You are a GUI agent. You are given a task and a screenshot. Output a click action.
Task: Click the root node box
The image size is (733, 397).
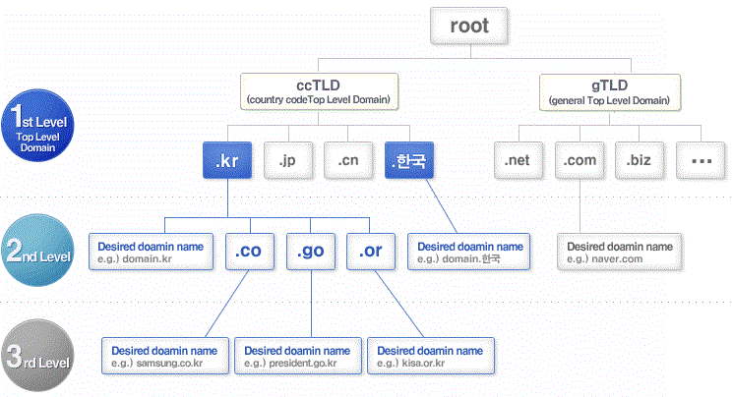[468, 27]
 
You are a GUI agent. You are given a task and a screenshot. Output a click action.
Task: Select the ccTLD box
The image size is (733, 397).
[320, 90]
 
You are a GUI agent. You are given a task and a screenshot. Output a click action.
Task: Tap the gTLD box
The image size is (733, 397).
[610, 90]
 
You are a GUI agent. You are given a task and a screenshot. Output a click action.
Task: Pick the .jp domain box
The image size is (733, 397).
[288, 159]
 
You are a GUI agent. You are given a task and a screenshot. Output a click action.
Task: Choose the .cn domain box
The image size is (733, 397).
[348, 159]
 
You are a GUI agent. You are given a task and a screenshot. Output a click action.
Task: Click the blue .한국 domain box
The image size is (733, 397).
[409, 159]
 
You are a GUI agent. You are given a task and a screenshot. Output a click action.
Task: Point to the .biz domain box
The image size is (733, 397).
[641, 159]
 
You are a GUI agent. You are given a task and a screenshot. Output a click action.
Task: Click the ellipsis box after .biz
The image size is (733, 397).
[701, 159]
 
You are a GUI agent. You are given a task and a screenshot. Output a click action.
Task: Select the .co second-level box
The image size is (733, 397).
[250, 252]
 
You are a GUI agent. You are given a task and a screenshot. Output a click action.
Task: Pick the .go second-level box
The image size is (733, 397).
[311, 252]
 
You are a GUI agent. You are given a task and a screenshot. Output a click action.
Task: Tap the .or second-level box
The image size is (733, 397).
[371, 252]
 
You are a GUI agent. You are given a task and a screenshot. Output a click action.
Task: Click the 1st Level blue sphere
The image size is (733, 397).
[36, 125]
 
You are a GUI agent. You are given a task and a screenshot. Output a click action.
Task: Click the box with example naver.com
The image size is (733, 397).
[621, 253]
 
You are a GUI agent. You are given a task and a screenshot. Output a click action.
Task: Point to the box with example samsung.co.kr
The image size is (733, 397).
[164, 356]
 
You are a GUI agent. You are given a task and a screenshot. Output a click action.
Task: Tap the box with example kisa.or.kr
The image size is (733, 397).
[430, 356]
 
